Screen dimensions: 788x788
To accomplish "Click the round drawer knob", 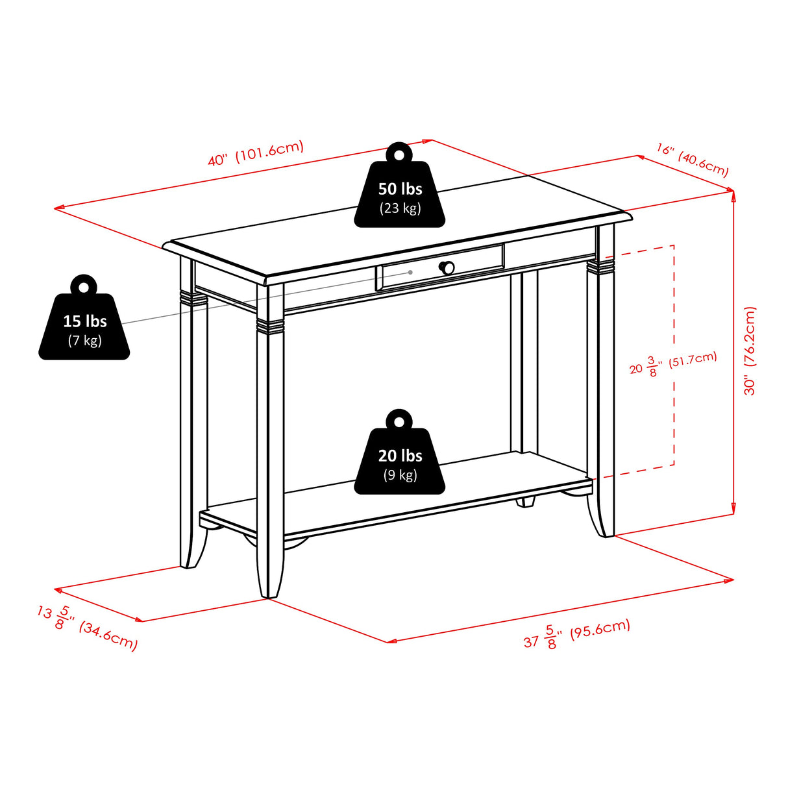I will coord(447,267).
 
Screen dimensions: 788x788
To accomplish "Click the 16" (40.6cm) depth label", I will coord(692,160).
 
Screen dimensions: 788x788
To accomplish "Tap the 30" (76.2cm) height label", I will coord(750,351).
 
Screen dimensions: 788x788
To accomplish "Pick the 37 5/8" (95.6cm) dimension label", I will coord(576,634).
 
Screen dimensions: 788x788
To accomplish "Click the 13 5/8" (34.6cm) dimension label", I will coord(87,627).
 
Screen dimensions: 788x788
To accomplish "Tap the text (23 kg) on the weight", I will coord(400,208).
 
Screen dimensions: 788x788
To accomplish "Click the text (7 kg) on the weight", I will coord(84,340).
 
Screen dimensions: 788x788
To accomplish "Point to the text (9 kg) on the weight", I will coord(400,475).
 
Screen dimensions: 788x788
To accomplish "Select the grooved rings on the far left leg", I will coord(193,298).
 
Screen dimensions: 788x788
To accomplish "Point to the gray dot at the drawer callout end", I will coord(410,272).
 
